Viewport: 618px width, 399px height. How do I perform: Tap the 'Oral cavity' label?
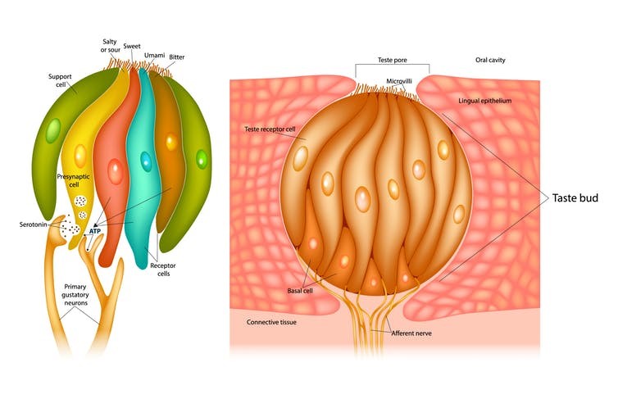pos(493,61)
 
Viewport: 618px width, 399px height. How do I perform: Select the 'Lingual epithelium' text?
pos(484,100)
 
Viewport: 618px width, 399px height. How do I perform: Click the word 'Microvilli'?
pos(399,81)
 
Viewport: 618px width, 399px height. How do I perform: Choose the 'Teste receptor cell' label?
pos(271,129)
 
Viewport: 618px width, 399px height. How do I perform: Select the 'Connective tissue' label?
pos(271,322)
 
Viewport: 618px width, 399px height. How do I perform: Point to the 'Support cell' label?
pos(63,81)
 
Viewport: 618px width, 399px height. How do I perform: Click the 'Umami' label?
pos(154,55)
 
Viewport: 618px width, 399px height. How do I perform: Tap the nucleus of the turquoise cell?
pos(145,160)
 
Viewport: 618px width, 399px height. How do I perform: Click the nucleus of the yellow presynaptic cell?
pos(80,153)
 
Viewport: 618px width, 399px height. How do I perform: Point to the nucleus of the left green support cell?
pos(52,130)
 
